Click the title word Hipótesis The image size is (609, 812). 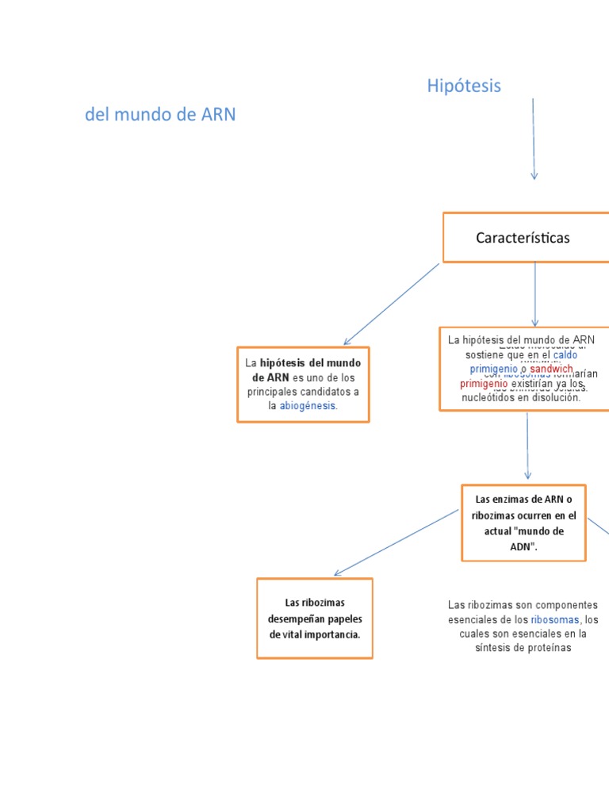pos(464,86)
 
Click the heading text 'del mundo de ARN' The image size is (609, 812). pos(160,115)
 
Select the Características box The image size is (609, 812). pos(523,237)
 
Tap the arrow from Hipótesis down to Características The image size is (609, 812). pos(534,139)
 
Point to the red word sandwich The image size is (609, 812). pos(552,370)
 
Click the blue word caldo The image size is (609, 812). pos(565,355)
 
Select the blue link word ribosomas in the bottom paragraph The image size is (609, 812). pos(556,619)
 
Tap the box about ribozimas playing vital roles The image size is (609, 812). pos(315,619)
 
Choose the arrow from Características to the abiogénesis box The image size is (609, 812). pos(391,304)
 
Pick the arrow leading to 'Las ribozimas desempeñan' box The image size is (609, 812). pos(396,542)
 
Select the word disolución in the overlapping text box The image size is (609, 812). pos(555,398)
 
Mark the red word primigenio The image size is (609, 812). pos(484,384)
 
